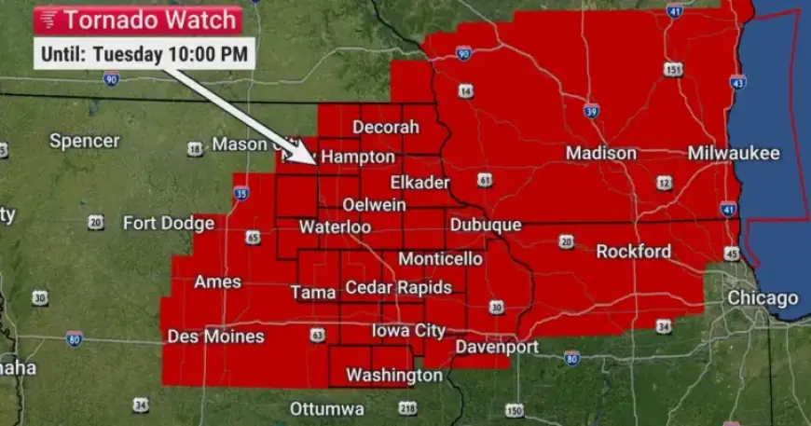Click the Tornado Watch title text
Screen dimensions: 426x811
pos(148,19)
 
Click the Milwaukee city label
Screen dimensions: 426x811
pos(734,153)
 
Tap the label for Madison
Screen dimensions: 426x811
pos(601,153)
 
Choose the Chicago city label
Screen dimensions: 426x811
pos(763,298)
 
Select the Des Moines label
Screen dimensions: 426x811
pos(215,337)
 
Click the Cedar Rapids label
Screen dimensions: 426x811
pos(398,288)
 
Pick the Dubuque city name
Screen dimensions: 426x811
pos(485,226)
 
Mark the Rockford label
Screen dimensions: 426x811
pos(633,252)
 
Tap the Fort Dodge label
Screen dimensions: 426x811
pos(169,223)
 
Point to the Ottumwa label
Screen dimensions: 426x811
pos(326,409)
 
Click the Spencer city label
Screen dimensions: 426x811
pos(85,141)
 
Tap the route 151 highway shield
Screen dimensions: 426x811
pos(673,70)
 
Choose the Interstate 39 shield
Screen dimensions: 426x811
pos(590,112)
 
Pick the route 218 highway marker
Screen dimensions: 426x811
pos(407,408)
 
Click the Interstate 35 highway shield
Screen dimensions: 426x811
pos(241,194)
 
